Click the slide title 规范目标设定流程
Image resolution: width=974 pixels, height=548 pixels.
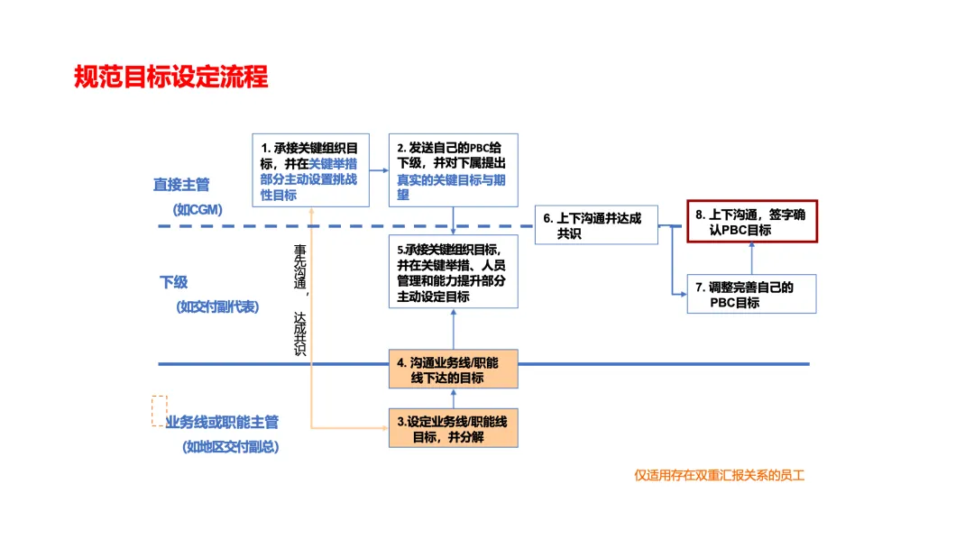[x=171, y=78]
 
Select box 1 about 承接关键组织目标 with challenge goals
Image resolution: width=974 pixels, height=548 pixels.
[x=309, y=170]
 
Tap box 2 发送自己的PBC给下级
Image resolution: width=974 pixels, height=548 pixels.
[x=452, y=170]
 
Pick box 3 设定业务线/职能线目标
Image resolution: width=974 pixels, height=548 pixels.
[x=454, y=429]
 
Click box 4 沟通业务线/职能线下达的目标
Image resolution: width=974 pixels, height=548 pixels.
[x=454, y=370]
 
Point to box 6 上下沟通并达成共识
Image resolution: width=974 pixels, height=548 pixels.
[x=595, y=225]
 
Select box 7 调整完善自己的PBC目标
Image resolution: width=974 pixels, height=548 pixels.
[x=751, y=295]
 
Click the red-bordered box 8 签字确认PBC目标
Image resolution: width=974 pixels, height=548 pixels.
[x=752, y=223]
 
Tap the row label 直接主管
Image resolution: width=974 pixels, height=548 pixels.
[x=181, y=185]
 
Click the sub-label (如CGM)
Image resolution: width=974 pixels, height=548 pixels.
[x=198, y=209]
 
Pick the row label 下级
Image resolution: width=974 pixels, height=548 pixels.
[x=174, y=282]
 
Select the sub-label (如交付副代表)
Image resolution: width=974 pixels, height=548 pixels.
[x=217, y=306]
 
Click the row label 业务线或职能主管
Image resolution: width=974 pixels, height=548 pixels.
[x=222, y=422]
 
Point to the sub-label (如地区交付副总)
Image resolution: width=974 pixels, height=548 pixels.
[x=230, y=446]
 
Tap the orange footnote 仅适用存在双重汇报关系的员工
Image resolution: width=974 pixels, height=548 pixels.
[x=719, y=475]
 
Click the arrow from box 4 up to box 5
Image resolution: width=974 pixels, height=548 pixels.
[x=454, y=328]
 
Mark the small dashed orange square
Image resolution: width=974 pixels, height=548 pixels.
[x=159, y=409]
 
